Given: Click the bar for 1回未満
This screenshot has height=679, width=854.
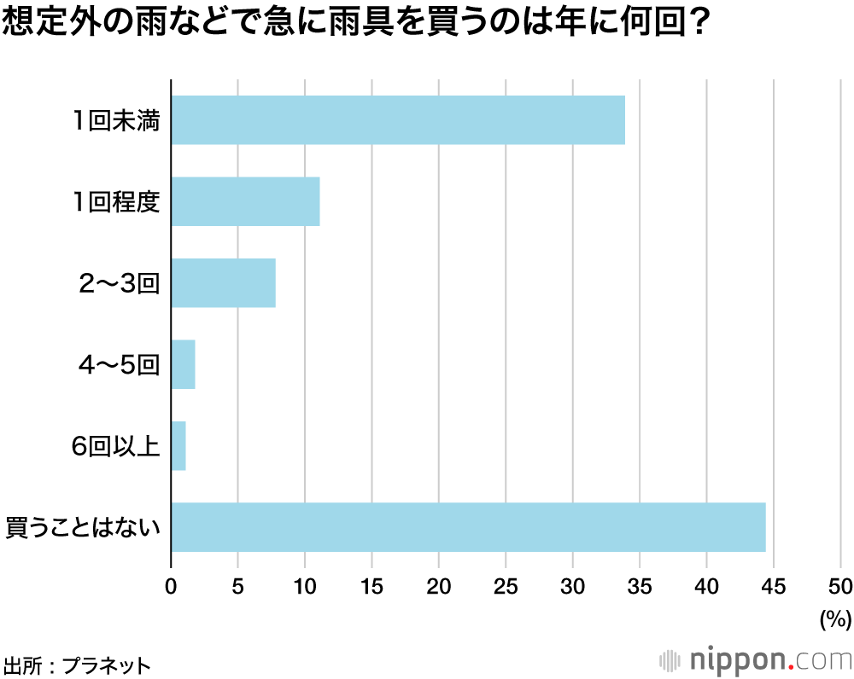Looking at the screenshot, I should (398, 120).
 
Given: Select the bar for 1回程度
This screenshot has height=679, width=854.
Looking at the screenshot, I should (245, 201).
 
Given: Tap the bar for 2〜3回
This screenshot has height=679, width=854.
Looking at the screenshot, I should (223, 282).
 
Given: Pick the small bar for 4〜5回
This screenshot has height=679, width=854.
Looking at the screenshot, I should (184, 364).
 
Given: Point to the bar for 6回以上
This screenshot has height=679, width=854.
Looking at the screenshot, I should (178, 445).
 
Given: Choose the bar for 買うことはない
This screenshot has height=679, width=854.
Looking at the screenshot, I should (468, 527).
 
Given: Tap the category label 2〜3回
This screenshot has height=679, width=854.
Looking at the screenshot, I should (119, 283).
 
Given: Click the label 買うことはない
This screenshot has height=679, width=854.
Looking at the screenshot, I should (83, 528).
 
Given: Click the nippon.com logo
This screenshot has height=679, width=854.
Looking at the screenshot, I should (756, 659).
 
